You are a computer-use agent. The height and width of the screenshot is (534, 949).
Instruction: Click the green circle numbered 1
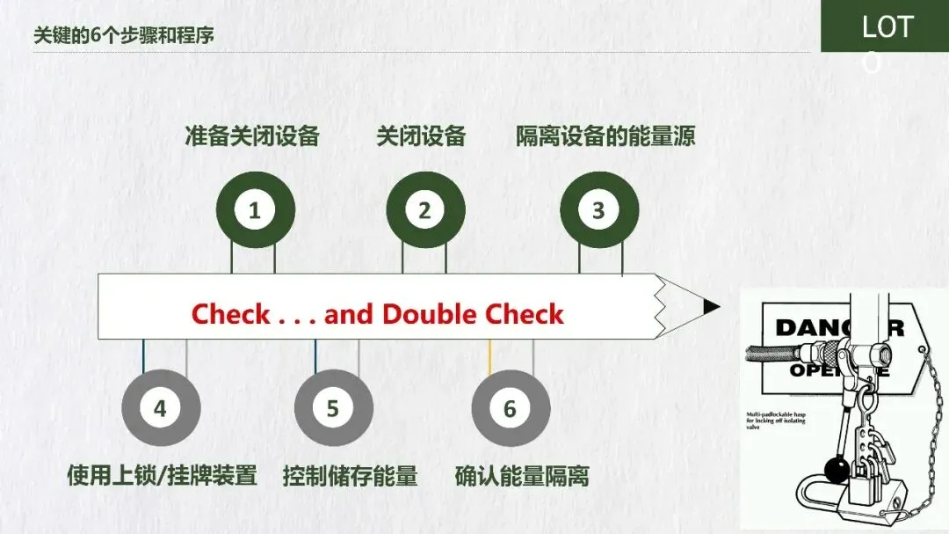tap(255, 211)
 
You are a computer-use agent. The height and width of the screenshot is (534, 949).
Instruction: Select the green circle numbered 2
tap(424, 211)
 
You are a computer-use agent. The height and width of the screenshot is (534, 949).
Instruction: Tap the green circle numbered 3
tap(598, 211)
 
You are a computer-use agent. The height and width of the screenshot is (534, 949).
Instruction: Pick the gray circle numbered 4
tap(160, 409)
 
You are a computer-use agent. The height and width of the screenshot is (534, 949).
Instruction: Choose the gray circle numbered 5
tap(333, 409)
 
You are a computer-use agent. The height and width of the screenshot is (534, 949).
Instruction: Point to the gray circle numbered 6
tap(510, 409)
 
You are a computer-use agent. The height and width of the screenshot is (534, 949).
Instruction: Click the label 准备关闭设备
tap(251, 136)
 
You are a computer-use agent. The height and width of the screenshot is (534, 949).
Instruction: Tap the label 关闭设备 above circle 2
tap(421, 136)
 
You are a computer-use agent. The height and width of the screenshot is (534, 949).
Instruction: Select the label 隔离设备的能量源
tap(605, 136)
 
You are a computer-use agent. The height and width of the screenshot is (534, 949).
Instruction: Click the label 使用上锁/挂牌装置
tap(162, 476)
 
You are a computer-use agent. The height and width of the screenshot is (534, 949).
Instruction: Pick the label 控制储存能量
tap(350, 476)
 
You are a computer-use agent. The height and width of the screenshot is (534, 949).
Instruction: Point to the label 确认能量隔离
tap(522, 476)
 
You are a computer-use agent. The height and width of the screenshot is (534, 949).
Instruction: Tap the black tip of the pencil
tap(712, 306)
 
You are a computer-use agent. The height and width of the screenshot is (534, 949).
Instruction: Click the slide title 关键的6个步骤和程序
tap(123, 36)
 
